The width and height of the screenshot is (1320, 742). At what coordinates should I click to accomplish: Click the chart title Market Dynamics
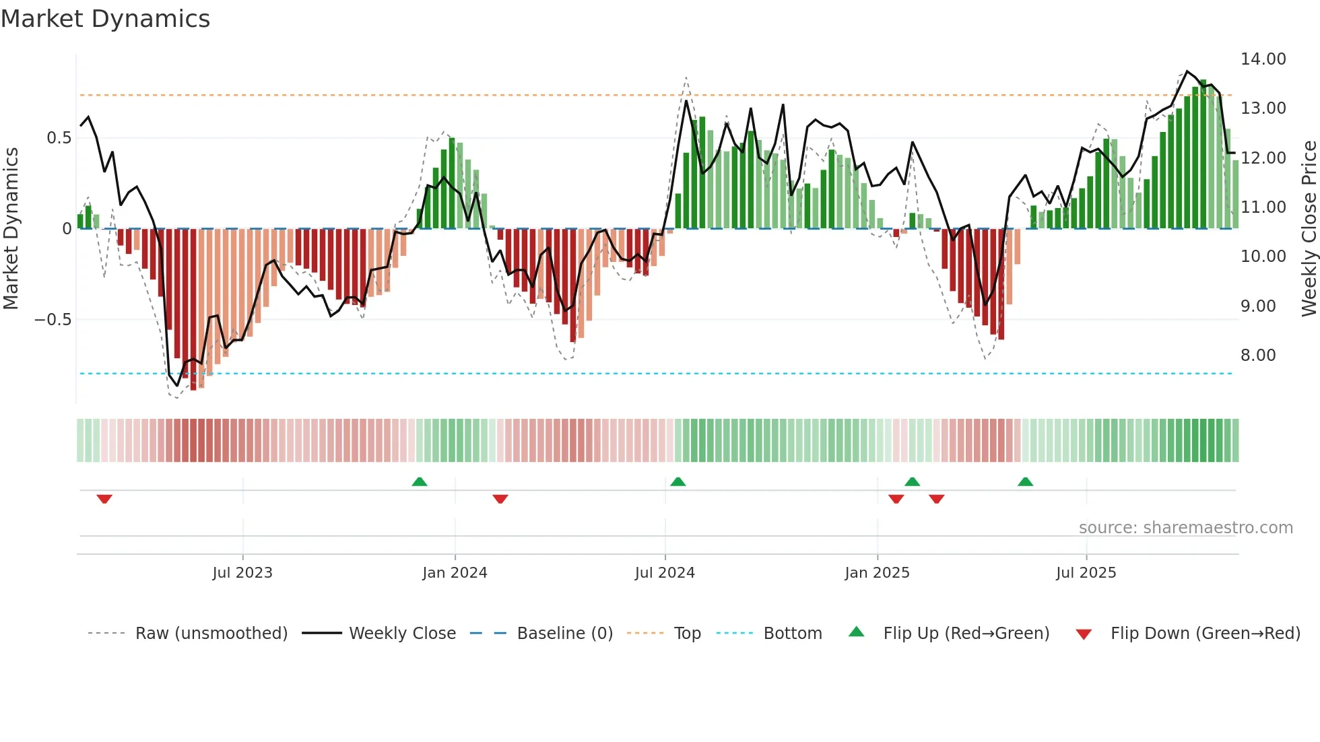click(x=105, y=19)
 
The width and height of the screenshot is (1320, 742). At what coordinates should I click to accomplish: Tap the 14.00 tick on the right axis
click(x=1263, y=59)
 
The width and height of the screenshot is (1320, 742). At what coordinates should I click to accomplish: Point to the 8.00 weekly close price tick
click(x=1257, y=356)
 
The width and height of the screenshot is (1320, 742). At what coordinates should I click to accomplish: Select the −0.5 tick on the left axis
click(x=53, y=320)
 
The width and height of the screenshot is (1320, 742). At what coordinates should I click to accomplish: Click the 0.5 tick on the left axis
click(x=59, y=138)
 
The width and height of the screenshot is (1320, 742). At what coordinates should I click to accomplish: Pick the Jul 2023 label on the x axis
click(x=242, y=573)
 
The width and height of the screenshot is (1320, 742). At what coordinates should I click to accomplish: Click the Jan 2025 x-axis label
click(x=877, y=573)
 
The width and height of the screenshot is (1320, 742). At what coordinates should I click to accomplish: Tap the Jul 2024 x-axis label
click(x=665, y=573)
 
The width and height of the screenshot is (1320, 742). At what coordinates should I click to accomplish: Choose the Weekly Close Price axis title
click(x=1309, y=229)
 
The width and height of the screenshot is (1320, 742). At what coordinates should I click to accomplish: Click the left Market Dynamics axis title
click(x=11, y=229)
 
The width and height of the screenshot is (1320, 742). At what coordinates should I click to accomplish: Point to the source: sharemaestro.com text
click(x=1185, y=528)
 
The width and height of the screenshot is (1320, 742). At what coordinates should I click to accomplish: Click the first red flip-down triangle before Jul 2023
click(x=104, y=499)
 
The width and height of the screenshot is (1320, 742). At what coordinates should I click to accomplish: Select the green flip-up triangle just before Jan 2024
click(x=420, y=481)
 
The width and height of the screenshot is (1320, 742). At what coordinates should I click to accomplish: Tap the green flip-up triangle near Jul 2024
click(x=678, y=481)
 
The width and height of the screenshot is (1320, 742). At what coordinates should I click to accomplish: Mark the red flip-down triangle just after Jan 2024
click(x=500, y=499)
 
